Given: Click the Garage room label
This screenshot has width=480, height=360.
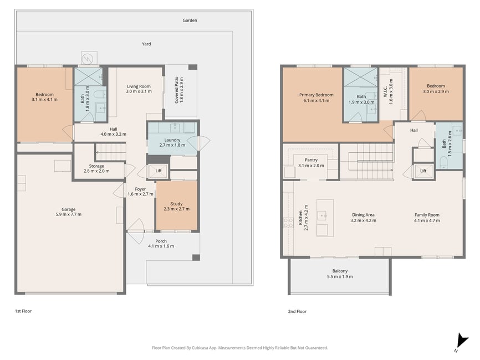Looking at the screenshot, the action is pyautogui.click(x=68, y=209).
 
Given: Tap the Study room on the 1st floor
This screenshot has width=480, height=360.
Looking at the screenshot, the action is pyautogui.click(x=176, y=206).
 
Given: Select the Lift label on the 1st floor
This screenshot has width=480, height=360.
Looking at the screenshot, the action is pyautogui.click(x=159, y=171).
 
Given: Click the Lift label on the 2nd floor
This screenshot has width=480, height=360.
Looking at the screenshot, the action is pyautogui.click(x=423, y=171).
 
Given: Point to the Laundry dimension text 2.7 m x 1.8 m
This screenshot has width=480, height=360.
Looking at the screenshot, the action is pyautogui.click(x=172, y=145).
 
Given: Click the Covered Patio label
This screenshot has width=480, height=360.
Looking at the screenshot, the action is pyautogui.click(x=176, y=90).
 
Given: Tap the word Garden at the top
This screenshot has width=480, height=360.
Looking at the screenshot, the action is pyautogui.click(x=190, y=20).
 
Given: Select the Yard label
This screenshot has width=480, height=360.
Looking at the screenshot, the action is pyautogui.click(x=146, y=44).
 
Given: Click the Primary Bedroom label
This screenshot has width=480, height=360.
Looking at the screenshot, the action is pyautogui.click(x=316, y=95).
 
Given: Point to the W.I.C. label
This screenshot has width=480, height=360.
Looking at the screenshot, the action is pyautogui.click(x=385, y=91).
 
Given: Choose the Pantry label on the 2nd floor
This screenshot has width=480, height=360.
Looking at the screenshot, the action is pyautogui.click(x=311, y=160).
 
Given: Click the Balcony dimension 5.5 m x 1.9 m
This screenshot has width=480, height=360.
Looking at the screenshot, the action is pyautogui.click(x=340, y=276).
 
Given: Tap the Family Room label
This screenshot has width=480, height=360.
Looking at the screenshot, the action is pyautogui.click(x=427, y=215).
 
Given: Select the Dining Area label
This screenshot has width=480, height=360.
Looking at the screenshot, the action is pyautogui.click(x=363, y=215).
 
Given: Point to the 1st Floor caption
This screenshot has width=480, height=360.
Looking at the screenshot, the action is pyautogui.click(x=23, y=311).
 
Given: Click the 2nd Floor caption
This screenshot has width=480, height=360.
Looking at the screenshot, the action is pyautogui.click(x=297, y=311).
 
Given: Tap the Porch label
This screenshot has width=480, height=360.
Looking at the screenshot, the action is pyautogui.click(x=161, y=241).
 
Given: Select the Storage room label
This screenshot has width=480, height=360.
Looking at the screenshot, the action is pyautogui.click(x=96, y=166).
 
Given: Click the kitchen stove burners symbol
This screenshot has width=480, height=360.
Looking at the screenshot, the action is pyautogui.click(x=288, y=223).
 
